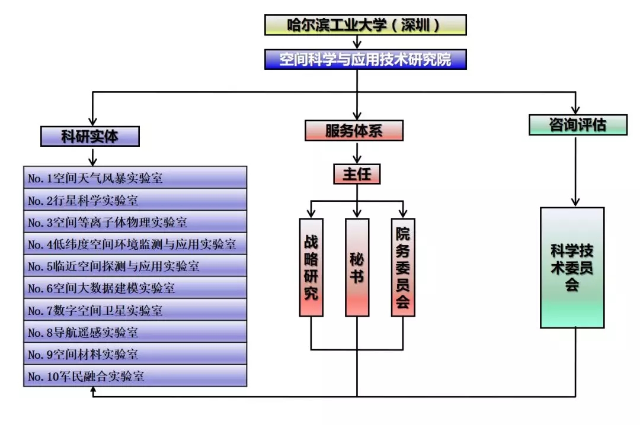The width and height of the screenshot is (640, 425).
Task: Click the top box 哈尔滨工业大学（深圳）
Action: point(365,25)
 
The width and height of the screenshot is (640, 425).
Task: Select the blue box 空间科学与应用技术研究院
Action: point(365,60)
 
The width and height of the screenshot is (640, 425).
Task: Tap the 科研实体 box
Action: point(90,137)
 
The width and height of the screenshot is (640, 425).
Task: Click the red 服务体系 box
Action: point(354,131)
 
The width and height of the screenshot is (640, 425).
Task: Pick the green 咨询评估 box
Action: point(578,125)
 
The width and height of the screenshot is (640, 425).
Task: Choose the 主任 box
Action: point(356,174)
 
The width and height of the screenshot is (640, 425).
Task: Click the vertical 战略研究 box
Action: point(312,267)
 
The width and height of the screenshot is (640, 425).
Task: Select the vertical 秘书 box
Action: point(357,267)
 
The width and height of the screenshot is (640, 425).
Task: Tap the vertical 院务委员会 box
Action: point(403,267)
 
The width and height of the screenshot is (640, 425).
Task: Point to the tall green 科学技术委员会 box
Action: point(572,267)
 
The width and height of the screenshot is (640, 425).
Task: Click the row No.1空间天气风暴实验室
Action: point(135,178)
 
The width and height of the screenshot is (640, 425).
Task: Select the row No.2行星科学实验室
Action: point(135,200)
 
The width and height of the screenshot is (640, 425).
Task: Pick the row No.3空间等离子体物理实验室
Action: point(135,222)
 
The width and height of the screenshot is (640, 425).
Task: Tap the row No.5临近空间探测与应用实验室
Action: point(135,266)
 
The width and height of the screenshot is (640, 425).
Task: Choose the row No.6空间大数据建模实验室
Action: point(135,288)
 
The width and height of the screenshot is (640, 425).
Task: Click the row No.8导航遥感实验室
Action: point(135,332)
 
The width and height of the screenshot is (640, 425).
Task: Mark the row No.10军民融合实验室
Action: point(135,376)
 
